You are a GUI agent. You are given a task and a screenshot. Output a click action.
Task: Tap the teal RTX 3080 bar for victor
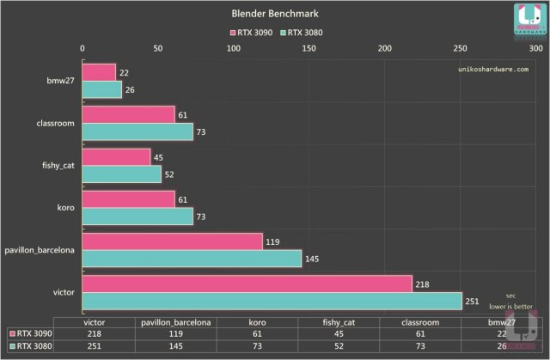272,301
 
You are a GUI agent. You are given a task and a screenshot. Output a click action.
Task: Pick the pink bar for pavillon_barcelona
172,241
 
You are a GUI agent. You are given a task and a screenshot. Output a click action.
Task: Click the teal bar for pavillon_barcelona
192,258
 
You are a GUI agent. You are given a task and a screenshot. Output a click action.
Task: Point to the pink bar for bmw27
99,72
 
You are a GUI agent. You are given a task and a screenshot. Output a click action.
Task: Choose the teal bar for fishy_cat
121,174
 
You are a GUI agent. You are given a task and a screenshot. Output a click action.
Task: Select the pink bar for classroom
128,114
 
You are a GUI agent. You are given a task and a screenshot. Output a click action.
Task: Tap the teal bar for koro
137,216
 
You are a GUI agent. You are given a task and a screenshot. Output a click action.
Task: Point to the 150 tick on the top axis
309,49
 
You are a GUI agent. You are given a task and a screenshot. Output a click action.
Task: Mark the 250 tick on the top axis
461,49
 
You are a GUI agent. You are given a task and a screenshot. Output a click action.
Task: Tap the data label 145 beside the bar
313,258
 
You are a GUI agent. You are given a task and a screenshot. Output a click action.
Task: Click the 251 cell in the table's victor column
94,345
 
